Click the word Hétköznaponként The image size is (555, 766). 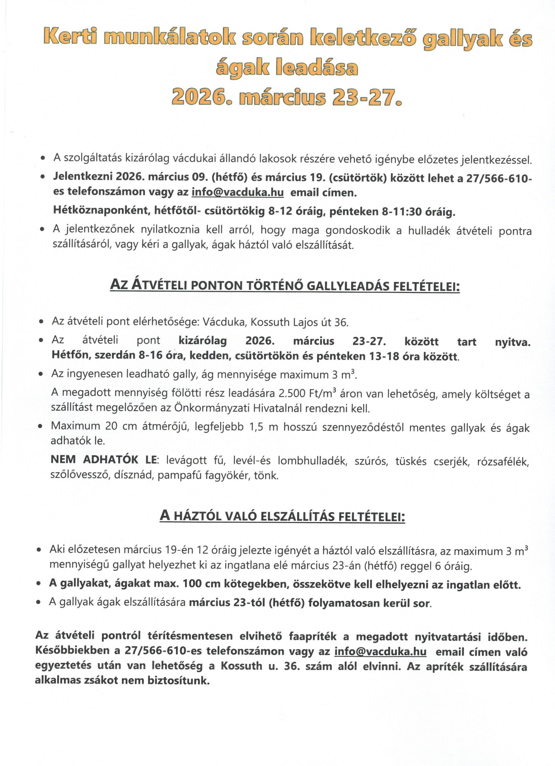(x=101, y=212)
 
